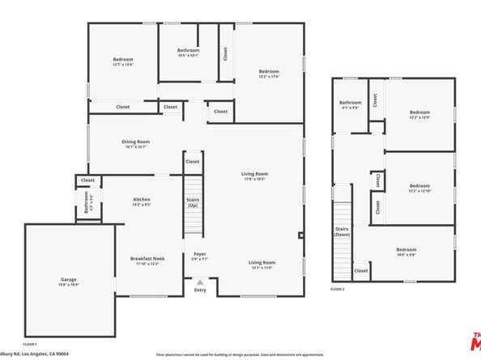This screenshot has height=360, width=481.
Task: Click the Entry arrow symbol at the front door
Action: pyautogui.click(x=200, y=282)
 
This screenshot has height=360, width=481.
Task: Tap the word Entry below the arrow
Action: pyautogui.click(x=200, y=290)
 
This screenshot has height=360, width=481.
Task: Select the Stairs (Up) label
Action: pyautogui.click(x=193, y=202)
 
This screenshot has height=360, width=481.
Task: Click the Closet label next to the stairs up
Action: pyautogui.click(x=193, y=161)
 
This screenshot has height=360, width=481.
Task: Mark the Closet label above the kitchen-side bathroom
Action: pyautogui.click(x=87, y=180)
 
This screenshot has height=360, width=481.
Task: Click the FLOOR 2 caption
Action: pyautogui.click(x=338, y=289)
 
